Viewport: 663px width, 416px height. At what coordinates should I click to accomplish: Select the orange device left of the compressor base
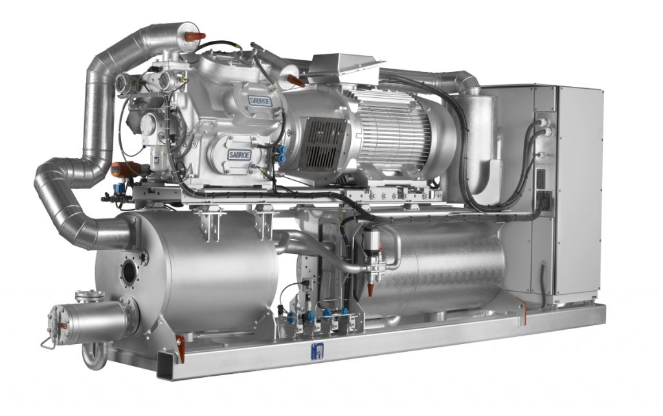(120, 169)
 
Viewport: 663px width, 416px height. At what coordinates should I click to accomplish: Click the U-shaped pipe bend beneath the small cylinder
(91, 355)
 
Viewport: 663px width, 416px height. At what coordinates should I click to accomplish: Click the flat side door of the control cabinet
(579, 194)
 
